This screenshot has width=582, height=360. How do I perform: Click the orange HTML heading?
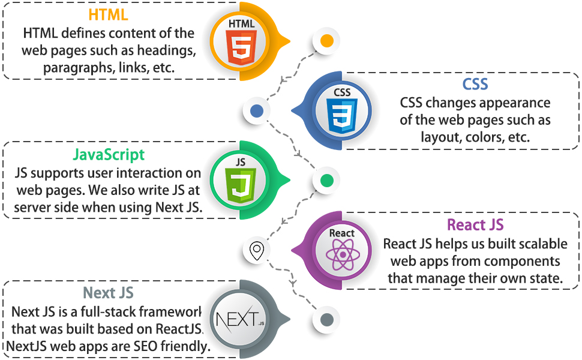108,14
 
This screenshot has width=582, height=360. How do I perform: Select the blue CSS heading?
475,84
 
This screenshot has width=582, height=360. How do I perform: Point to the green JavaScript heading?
109,154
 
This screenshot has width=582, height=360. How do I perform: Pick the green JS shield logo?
241,182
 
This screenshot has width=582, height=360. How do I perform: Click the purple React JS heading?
475,225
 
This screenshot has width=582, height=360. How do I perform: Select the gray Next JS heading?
108,293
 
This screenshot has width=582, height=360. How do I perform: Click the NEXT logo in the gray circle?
239,319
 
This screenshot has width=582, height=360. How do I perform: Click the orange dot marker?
326,41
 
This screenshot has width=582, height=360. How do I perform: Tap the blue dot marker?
256,111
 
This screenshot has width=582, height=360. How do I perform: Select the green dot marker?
326,181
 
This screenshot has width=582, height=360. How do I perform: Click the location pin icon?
257,250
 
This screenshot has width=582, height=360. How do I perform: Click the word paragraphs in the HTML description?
76,67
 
